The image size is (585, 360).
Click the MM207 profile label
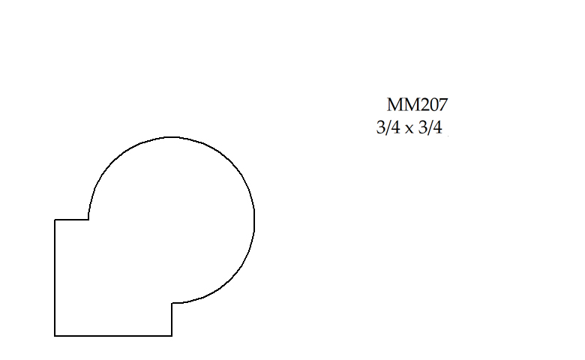tap(417, 105)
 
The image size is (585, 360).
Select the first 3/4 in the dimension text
tap(388, 128)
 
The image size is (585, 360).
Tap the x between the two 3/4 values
tap(409, 130)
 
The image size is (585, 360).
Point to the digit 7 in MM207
tap(443, 105)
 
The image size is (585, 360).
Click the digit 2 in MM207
tap(424, 105)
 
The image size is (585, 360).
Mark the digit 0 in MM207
tap(433, 105)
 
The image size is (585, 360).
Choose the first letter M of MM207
tap(394, 105)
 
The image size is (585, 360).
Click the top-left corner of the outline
tap(55, 220)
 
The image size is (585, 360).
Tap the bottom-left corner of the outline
tap(55, 335)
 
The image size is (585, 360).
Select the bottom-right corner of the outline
tap(172, 335)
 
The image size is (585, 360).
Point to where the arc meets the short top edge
tap(88, 220)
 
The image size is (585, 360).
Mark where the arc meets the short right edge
tap(172, 303)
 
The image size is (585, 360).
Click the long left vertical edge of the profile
tap(55, 277)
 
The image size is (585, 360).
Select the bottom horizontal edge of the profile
tap(113, 335)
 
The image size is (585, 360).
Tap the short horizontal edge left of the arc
tap(72, 220)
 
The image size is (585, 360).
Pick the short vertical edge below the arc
tap(172, 319)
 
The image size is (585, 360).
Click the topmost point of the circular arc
tap(171, 137)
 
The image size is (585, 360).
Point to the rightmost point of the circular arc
tap(254, 220)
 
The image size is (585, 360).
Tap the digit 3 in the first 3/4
tap(380, 128)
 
